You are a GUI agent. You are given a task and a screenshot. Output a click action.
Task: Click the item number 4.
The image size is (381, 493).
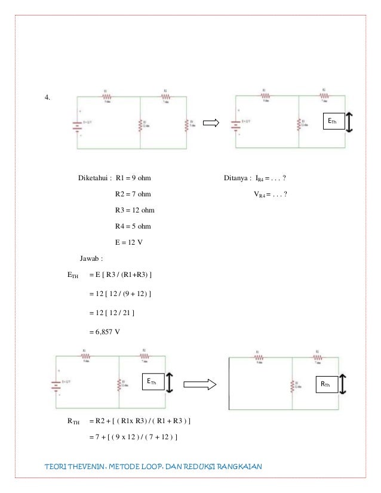(x=47, y=98)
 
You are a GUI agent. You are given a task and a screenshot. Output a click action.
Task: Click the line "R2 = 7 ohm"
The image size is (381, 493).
(x=133, y=194)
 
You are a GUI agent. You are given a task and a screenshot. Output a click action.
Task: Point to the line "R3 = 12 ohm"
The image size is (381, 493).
(x=135, y=210)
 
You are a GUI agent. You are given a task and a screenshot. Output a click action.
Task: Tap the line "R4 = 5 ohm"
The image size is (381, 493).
(x=133, y=226)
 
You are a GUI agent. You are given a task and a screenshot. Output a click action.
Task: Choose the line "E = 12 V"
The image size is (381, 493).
(x=129, y=242)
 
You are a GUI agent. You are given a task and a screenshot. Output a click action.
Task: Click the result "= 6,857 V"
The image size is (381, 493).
(x=105, y=332)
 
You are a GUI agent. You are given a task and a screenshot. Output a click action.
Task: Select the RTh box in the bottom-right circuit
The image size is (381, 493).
(x=326, y=386)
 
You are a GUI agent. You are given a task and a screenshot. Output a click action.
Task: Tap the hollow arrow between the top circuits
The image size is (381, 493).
(x=213, y=123)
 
